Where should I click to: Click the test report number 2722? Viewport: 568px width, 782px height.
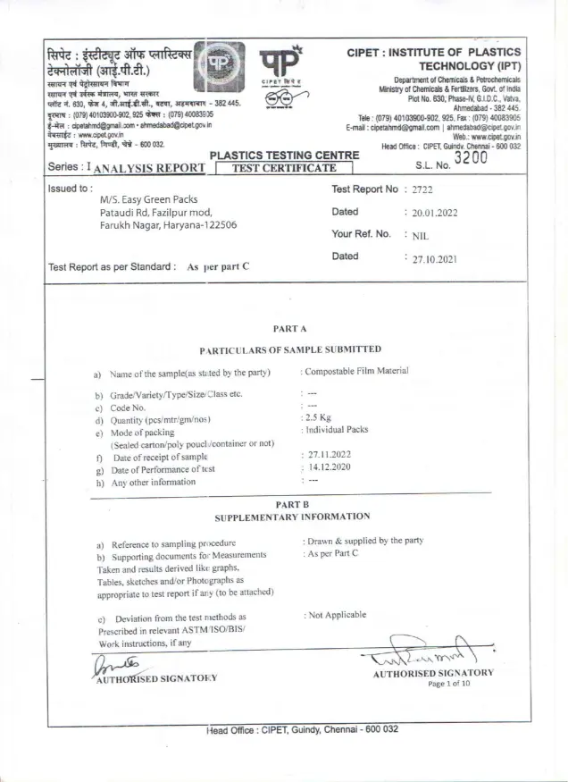[422, 189]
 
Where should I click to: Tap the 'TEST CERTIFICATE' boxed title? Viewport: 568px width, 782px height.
[283, 167]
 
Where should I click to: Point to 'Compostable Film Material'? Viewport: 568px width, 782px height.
[355, 371]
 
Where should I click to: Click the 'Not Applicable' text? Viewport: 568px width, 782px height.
[335, 615]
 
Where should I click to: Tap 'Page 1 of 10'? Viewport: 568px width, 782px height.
[455, 684]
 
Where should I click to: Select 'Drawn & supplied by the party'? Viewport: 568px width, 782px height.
[363, 542]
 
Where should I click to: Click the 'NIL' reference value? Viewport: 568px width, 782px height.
[421, 236]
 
